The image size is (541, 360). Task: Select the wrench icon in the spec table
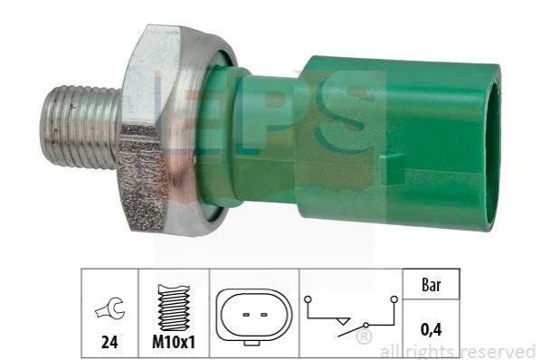[x=109, y=308]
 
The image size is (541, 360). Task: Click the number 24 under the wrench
[x=109, y=342]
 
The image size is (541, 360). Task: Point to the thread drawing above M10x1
[x=174, y=308]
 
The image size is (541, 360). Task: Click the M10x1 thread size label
[x=174, y=342]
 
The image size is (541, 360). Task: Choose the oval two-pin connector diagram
[x=254, y=315]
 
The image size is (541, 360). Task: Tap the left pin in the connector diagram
[x=246, y=315]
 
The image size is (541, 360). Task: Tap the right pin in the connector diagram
[x=264, y=315]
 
